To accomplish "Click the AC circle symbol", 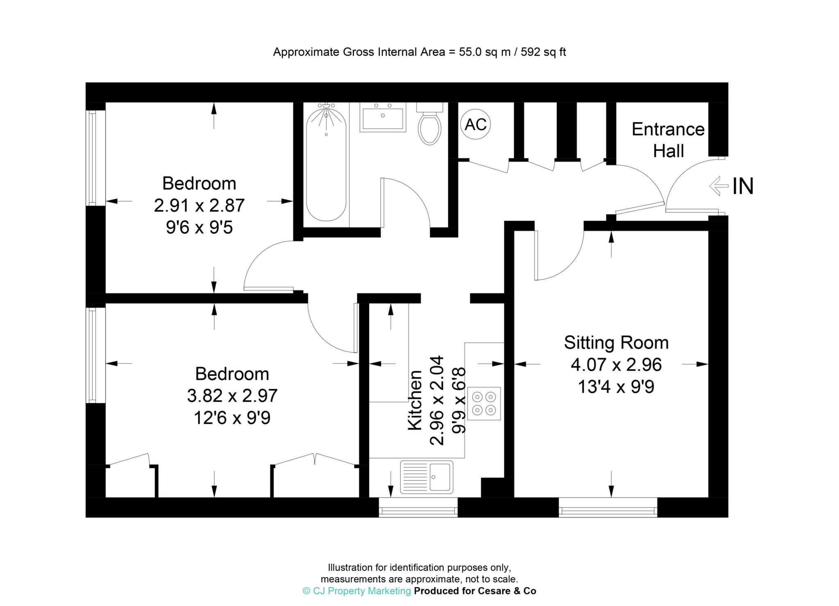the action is pyautogui.click(x=475, y=124).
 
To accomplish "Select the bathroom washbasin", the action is pyautogui.click(x=383, y=117).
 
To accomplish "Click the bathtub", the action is pyautogui.click(x=326, y=163).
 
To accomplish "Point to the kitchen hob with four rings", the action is pyautogui.click(x=484, y=404).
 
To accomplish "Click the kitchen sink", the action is pyautogui.click(x=427, y=476).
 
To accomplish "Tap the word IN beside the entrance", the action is pyautogui.click(x=743, y=186).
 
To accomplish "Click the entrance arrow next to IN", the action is pyautogui.click(x=719, y=186).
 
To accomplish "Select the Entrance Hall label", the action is pyautogui.click(x=668, y=140).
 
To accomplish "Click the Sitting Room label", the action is pyautogui.click(x=616, y=343).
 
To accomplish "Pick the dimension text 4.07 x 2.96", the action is pyautogui.click(x=616, y=365).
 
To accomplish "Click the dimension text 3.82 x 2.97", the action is pyautogui.click(x=232, y=396).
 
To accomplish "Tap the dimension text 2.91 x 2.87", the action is pyautogui.click(x=199, y=205).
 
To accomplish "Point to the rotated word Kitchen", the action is pyautogui.click(x=415, y=400).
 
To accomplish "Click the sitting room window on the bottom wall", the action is pyautogui.click(x=608, y=507).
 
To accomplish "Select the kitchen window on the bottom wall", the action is pyautogui.click(x=418, y=507).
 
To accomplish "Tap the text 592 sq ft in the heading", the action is pyautogui.click(x=543, y=52).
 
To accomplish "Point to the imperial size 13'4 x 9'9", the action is pyautogui.click(x=616, y=387).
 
